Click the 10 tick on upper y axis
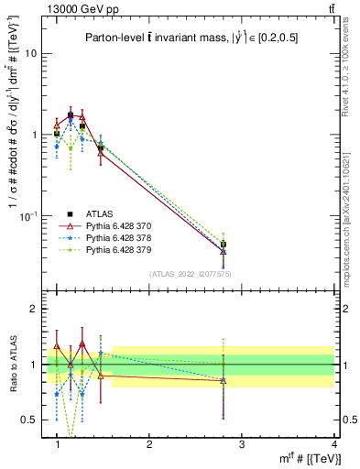click(x=30, y=53)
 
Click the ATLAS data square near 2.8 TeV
click(x=223, y=245)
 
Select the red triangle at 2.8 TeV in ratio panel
click(x=223, y=379)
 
